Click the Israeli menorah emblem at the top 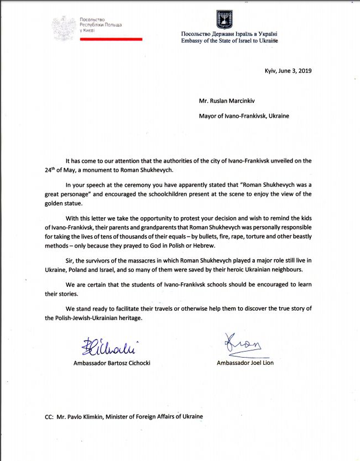(224, 18)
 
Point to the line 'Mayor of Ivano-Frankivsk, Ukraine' (244, 116)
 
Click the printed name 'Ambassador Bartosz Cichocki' (112, 363)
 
